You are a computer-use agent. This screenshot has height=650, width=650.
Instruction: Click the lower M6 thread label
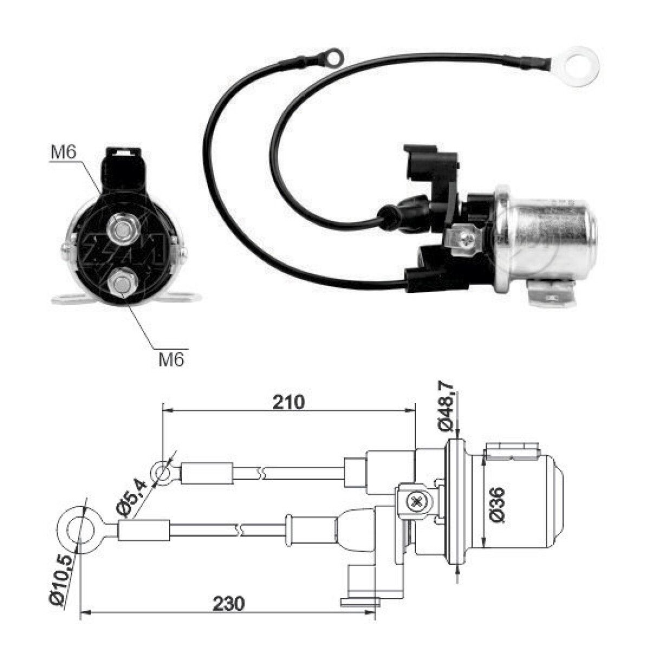[x=171, y=360]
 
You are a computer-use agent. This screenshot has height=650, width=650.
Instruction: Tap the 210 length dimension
[x=288, y=402]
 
